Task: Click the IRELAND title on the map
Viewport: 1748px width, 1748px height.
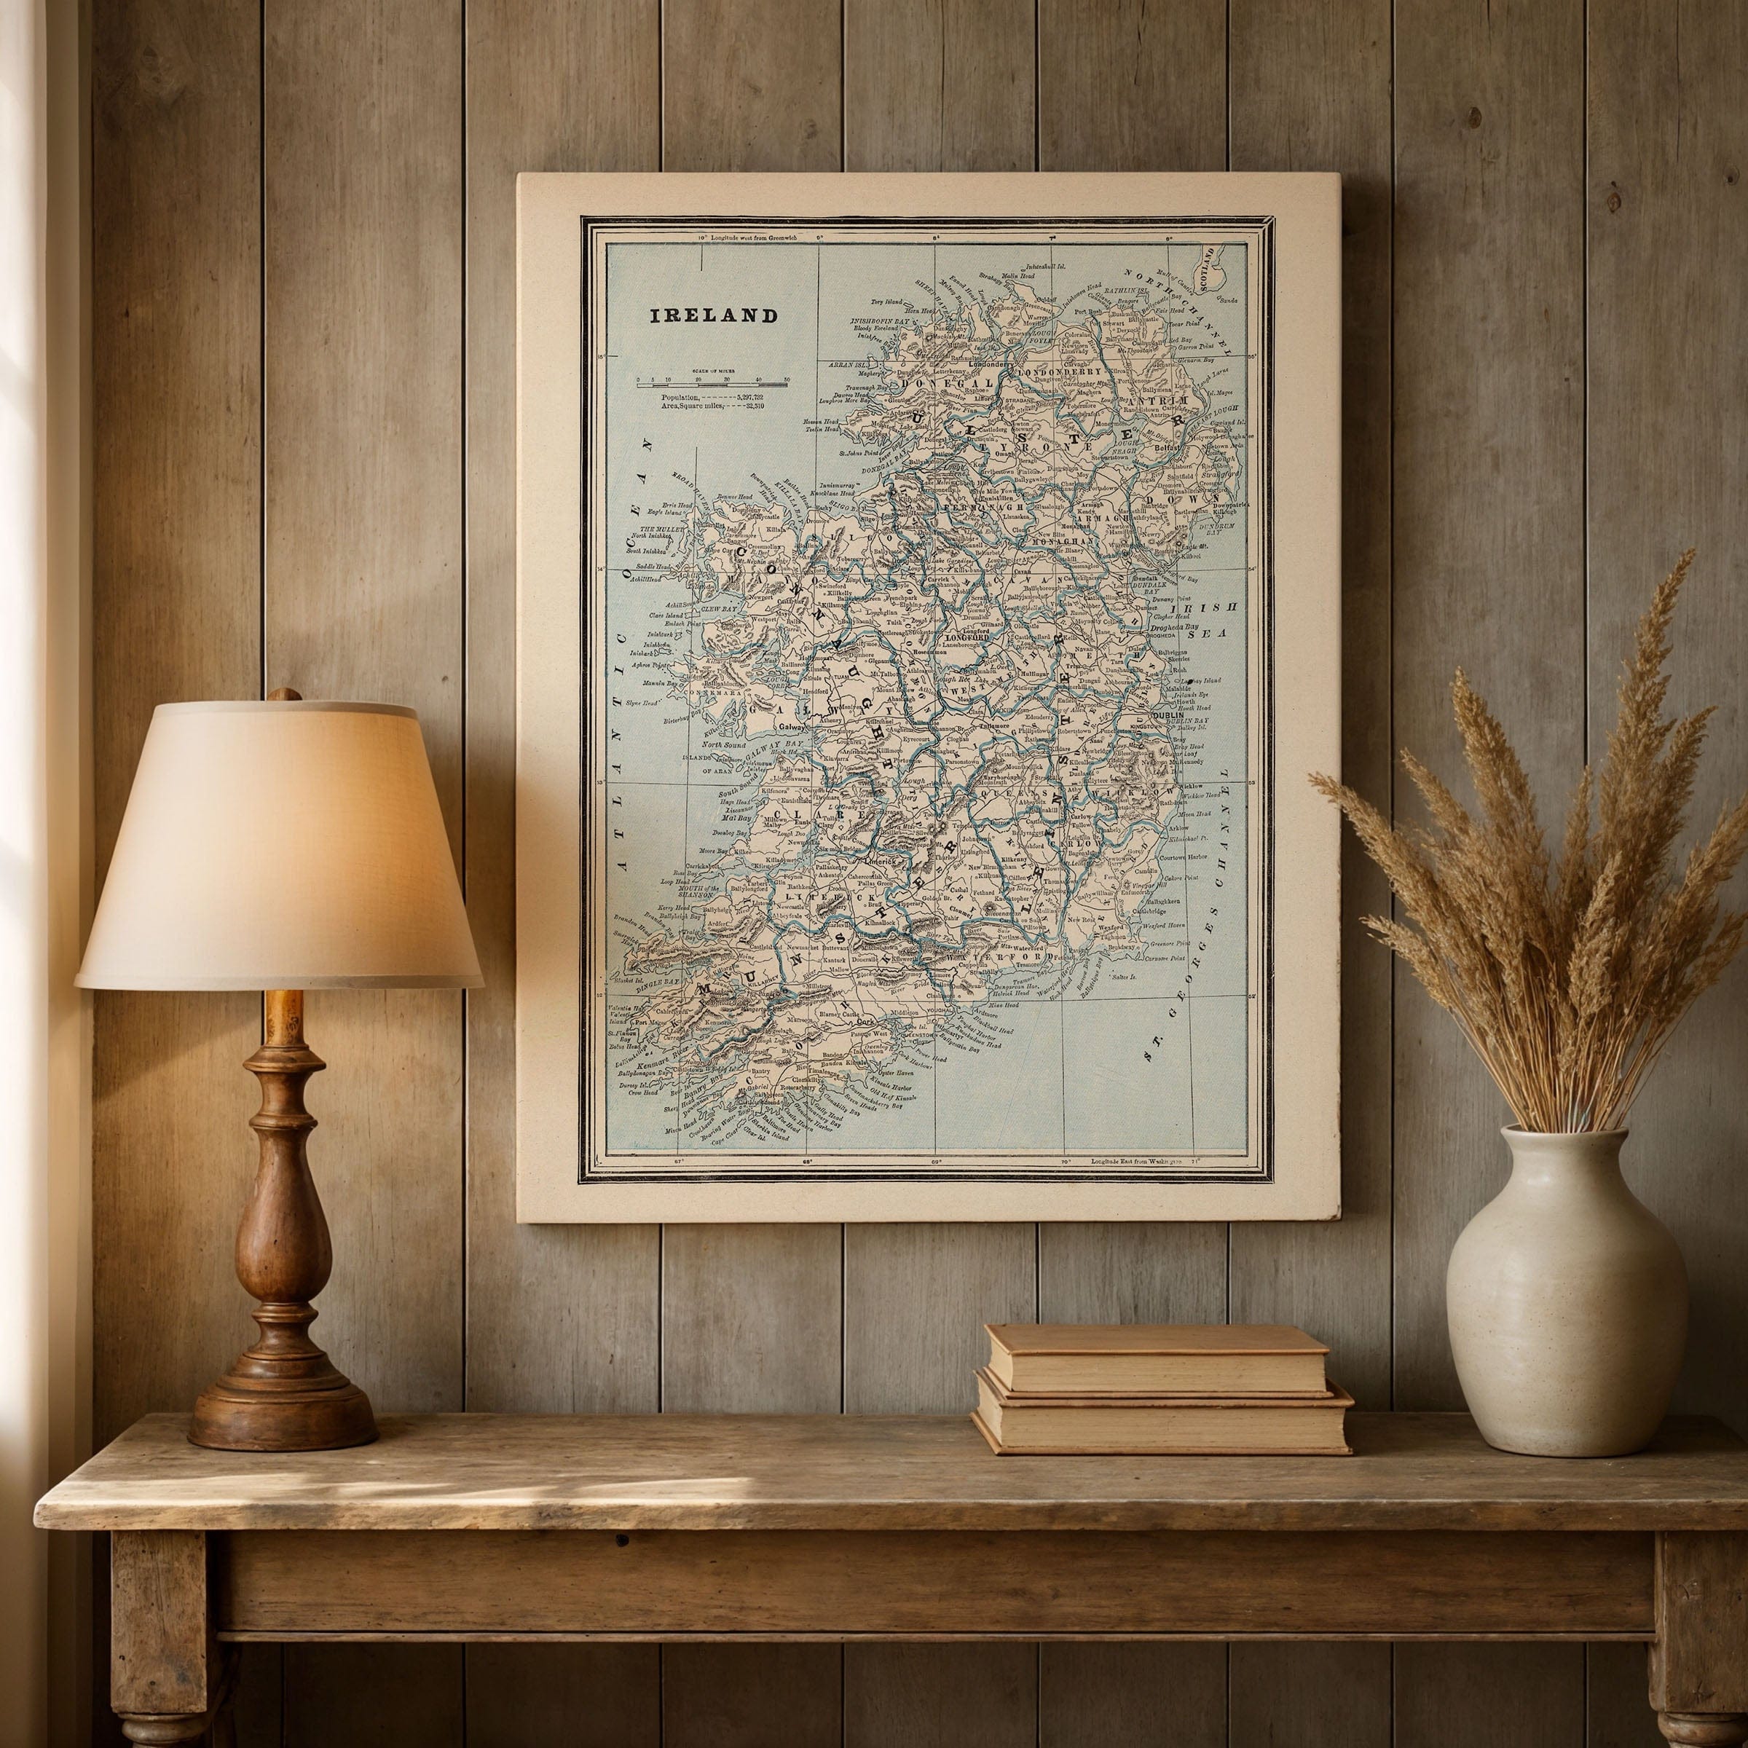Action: pos(714,316)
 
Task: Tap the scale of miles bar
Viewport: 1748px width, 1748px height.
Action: pos(711,385)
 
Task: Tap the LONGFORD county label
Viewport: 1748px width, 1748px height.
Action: pos(969,638)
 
